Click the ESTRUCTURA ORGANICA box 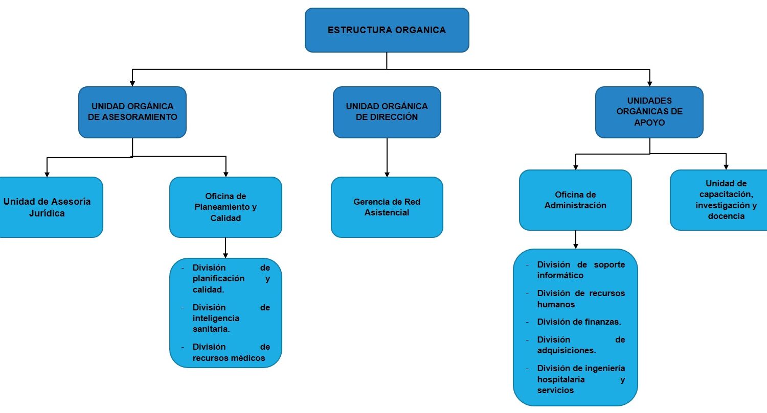point(387,30)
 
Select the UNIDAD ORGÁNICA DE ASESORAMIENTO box point(132,112)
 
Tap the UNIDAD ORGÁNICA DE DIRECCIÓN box point(387,112)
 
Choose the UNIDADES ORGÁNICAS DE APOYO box point(649,112)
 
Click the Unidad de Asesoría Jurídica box point(48,207)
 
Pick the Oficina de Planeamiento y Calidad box point(225,207)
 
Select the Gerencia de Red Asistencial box point(387,207)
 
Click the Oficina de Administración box point(575,200)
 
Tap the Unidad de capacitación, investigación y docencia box point(719,200)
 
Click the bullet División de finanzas point(579,322)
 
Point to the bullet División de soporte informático point(581,270)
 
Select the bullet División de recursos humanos point(581,299)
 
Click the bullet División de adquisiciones point(581,345)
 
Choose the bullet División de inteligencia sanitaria point(231,318)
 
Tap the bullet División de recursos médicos point(231,352)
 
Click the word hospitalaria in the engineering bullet point(561,379)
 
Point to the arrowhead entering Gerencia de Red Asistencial point(387,175)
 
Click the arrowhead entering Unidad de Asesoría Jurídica point(47,175)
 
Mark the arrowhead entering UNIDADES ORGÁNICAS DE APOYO point(649,84)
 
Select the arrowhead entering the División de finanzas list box point(576,247)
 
